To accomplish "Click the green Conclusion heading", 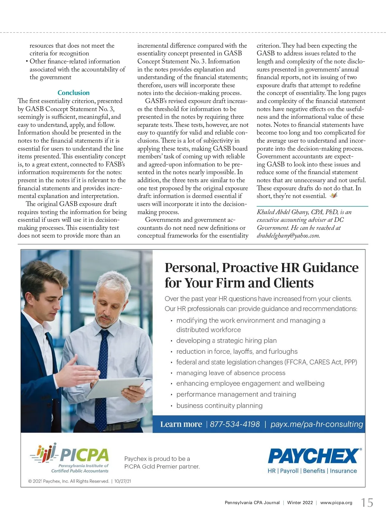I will [74, 93].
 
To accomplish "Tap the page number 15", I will [367, 503].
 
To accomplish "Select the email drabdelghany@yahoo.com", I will [288, 236].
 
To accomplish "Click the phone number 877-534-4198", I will [235, 424].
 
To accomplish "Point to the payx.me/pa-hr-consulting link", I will [317, 424].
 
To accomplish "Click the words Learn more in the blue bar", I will [181, 424].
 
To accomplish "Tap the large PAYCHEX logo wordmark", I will [313, 456].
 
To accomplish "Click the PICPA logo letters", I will [84, 455].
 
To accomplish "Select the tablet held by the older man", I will [116, 387].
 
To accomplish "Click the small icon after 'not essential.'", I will [334, 195].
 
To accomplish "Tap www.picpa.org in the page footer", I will [336, 503].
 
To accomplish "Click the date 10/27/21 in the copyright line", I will [123, 481].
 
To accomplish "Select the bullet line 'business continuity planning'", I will [219, 405].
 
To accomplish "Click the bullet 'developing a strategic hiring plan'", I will [226, 341].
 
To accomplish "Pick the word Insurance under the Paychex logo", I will [343, 471].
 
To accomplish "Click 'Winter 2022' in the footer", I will [300, 503].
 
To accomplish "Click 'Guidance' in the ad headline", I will [330, 268].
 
